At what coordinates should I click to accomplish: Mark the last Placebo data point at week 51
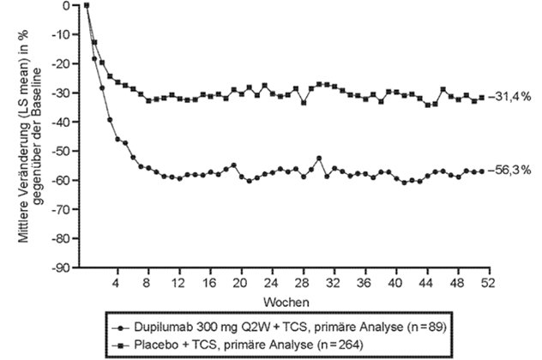coord(482,97)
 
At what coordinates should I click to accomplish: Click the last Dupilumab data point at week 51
coord(482,171)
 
